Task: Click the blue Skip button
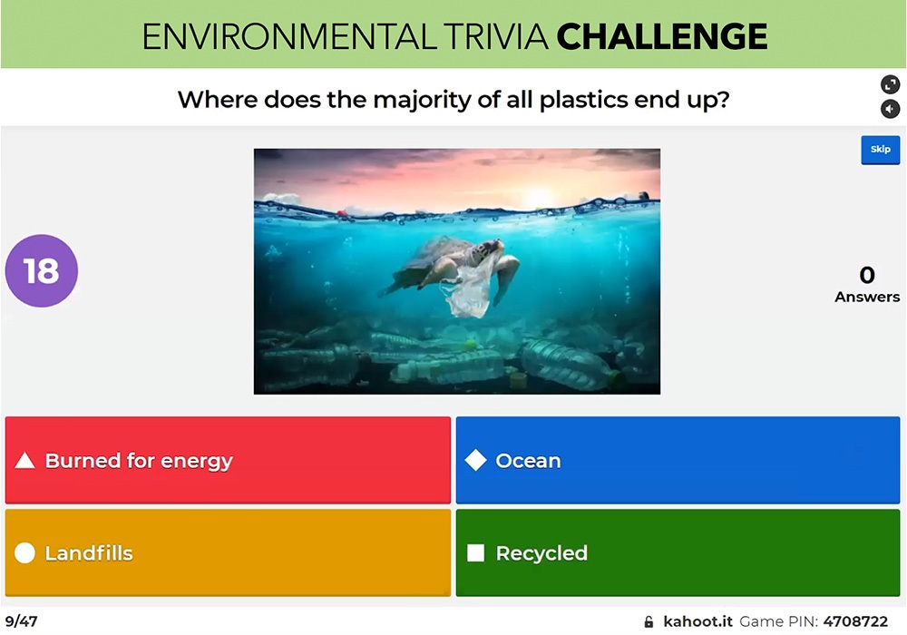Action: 880,150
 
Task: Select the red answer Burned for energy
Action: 228,460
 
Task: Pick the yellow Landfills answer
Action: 228,552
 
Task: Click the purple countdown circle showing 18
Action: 42,270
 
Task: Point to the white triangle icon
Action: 25,461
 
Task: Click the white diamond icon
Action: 475,461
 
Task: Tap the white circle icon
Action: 25,553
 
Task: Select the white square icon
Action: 475,553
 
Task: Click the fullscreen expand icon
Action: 890,84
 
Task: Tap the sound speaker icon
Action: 890,109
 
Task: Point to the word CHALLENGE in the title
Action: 662,36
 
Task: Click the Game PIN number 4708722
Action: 855,621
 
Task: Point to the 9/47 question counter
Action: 21,621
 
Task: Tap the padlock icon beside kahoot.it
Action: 649,622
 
